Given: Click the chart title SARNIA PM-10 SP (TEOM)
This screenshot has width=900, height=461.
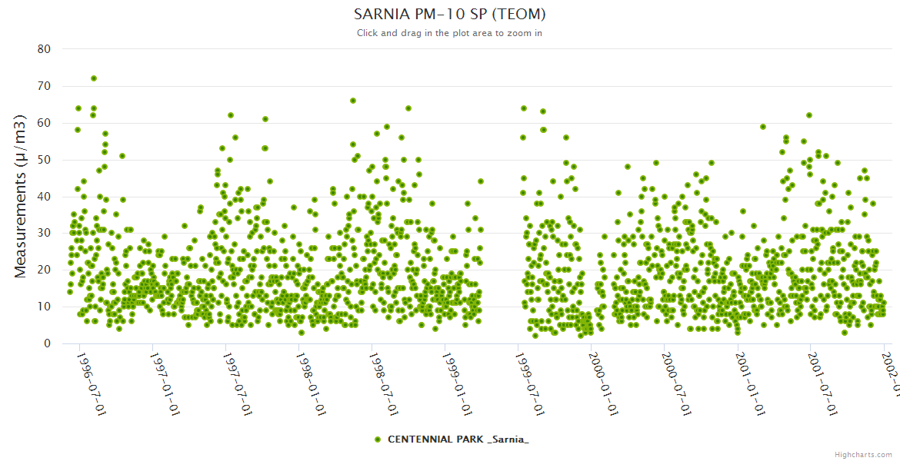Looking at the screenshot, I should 449,14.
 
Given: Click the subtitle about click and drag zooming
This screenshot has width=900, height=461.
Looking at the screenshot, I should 449,33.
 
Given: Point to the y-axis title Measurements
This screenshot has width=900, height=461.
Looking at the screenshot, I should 22,196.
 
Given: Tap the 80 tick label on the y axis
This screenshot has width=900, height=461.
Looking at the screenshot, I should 44,49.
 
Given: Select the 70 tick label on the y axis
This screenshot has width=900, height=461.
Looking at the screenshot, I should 44,86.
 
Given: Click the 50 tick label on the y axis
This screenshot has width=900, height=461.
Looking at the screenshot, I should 44,160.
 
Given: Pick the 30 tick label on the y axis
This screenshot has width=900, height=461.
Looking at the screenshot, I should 44,234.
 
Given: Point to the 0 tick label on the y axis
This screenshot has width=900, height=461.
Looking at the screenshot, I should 47,343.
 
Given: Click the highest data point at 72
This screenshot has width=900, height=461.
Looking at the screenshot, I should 94,78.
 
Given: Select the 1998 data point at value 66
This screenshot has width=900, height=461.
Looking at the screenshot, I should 353,101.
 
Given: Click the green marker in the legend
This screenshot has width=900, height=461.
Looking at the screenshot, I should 377,439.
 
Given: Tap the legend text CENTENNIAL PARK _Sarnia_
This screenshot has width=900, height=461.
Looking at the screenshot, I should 458,439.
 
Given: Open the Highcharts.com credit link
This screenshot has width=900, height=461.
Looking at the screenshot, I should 863,454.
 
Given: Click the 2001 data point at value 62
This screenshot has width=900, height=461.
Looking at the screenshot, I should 809,115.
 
